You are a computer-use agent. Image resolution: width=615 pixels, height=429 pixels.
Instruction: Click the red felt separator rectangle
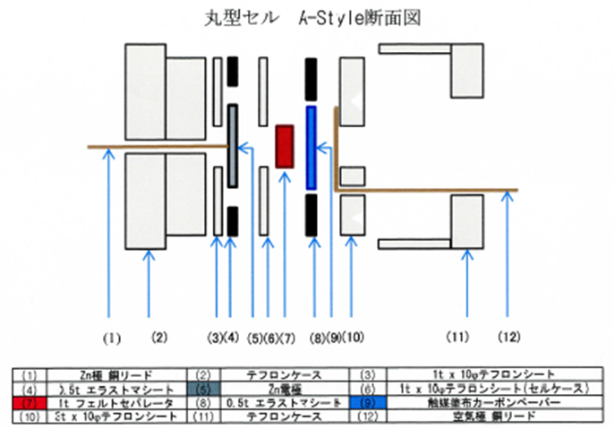pos(285,146)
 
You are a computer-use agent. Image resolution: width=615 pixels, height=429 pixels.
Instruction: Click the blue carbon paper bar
pos(312,148)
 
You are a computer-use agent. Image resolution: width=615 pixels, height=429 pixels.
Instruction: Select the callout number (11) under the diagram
pos(458,338)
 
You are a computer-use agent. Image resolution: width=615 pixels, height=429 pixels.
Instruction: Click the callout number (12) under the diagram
pos(508,338)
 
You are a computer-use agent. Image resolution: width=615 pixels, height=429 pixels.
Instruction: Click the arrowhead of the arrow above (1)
pos(109,154)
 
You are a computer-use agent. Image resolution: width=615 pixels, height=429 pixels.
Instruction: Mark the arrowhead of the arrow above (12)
pos(508,197)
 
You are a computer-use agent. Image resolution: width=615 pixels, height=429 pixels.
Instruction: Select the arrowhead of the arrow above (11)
pos(466,256)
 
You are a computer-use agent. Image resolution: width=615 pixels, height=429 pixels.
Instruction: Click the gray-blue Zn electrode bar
pos(233,146)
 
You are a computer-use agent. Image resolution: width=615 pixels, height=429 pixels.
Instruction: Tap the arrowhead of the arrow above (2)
pos(150,255)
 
